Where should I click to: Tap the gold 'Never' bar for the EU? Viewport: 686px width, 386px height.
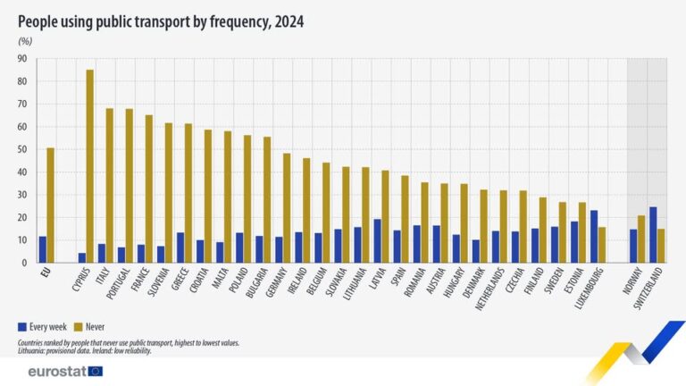[x=50, y=206]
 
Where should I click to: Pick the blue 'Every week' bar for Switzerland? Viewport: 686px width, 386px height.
[x=652, y=235]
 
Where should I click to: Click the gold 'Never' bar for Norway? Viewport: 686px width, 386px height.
[x=641, y=239]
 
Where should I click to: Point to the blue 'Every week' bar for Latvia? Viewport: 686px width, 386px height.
[x=377, y=241]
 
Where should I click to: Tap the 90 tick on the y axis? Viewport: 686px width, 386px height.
[x=21, y=59]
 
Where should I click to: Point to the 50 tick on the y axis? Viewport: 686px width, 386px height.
[x=21, y=150]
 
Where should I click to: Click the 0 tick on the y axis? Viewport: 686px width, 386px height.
[x=24, y=263]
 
